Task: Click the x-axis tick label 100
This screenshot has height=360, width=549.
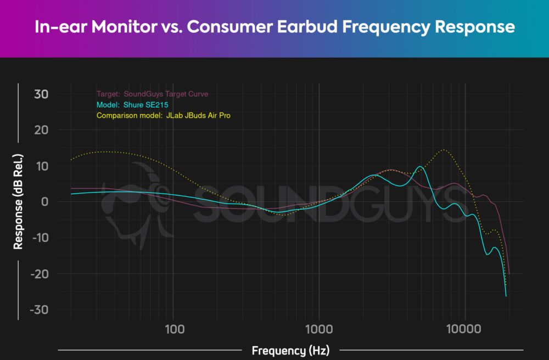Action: (173, 329)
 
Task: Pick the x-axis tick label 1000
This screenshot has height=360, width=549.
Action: (319, 329)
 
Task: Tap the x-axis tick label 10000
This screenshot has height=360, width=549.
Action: (465, 329)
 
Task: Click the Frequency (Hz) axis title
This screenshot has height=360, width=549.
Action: (291, 350)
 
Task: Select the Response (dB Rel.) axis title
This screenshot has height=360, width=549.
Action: (19, 201)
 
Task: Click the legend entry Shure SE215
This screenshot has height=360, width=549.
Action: (147, 105)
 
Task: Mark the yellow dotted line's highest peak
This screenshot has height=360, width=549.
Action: (444, 149)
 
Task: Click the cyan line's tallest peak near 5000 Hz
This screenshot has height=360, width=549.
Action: (420, 166)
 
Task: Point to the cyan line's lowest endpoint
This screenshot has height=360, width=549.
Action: (506, 296)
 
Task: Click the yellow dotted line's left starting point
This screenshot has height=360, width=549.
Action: (71, 160)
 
